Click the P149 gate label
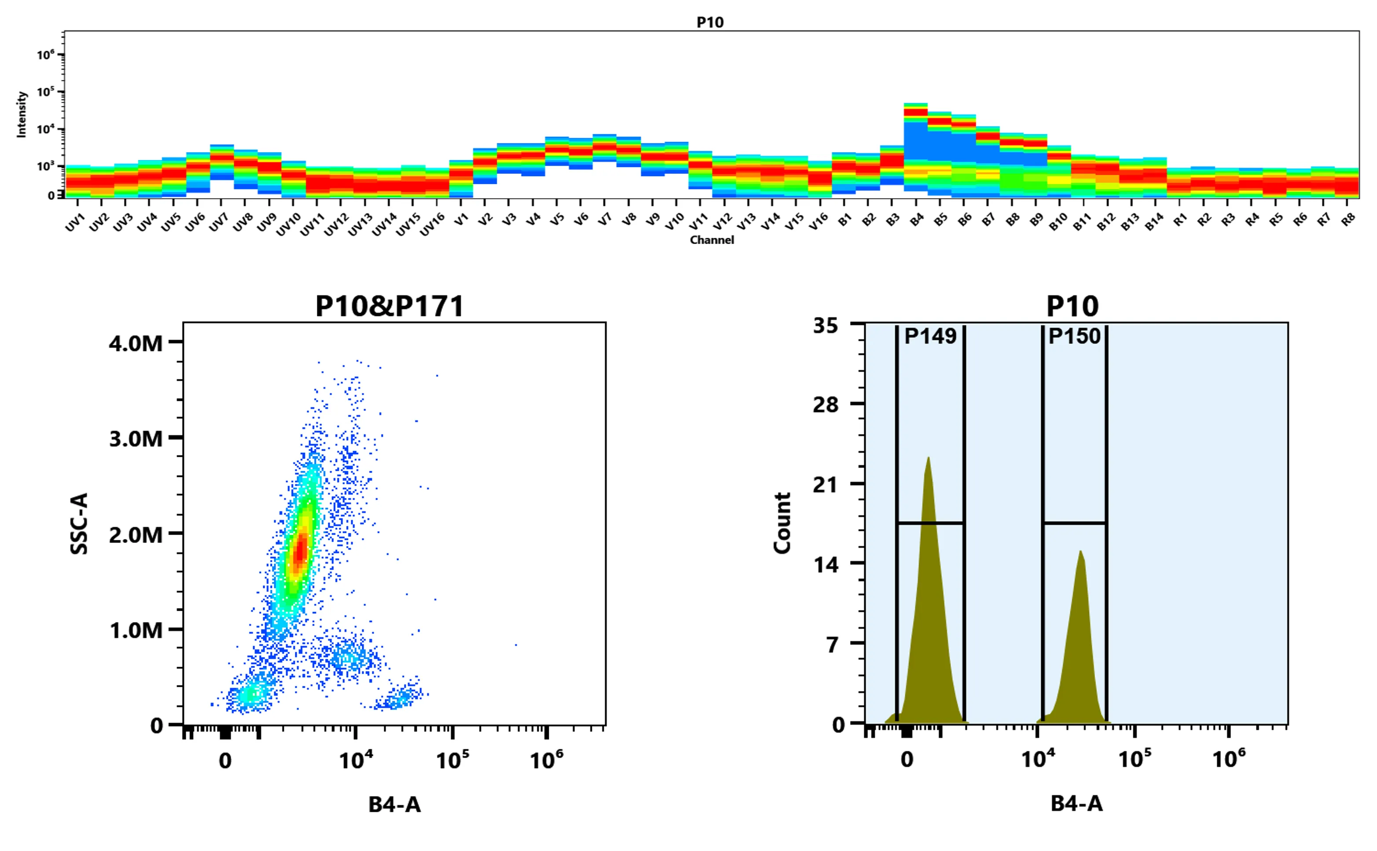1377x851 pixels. click(x=930, y=336)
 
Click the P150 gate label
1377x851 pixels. click(x=1074, y=336)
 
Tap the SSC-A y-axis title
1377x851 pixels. click(x=79, y=524)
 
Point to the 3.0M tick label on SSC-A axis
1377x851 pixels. click(x=136, y=438)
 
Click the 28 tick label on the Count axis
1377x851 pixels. click(x=826, y=404)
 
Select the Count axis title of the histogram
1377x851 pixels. click(x=782, y=524)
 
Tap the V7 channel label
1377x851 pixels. click(x=604, y=220)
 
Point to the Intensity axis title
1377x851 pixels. click(x=22, y=114)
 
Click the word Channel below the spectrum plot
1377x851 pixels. click(x=712, y=240)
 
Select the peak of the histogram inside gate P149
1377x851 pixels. click(x=928, y=459)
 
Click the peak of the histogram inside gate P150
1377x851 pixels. click(x=1080, y=553)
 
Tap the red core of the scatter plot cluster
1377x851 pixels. click(x=301, y=549)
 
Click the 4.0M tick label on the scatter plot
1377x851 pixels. click(x=136, y=343)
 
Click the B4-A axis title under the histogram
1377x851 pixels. click(x=1076, y=804)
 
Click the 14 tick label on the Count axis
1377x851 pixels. click(x=826, y=564)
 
